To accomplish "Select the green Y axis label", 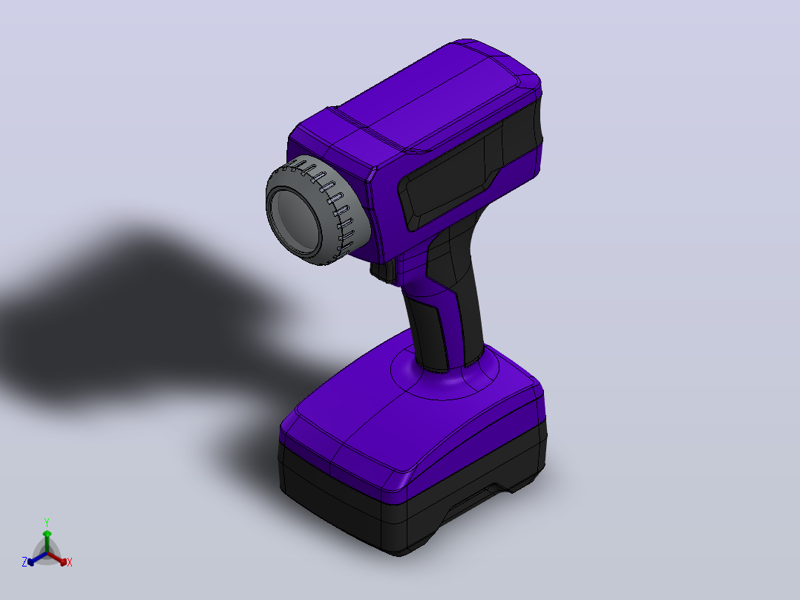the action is click(47, 522).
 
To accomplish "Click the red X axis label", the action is click(70, 562).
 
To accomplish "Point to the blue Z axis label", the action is click(24, 561).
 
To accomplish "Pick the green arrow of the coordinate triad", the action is click(47, 541).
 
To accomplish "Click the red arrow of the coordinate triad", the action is click(58, 558).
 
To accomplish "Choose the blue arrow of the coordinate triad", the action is click(37, 558).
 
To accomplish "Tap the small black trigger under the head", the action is click(384, 270).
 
